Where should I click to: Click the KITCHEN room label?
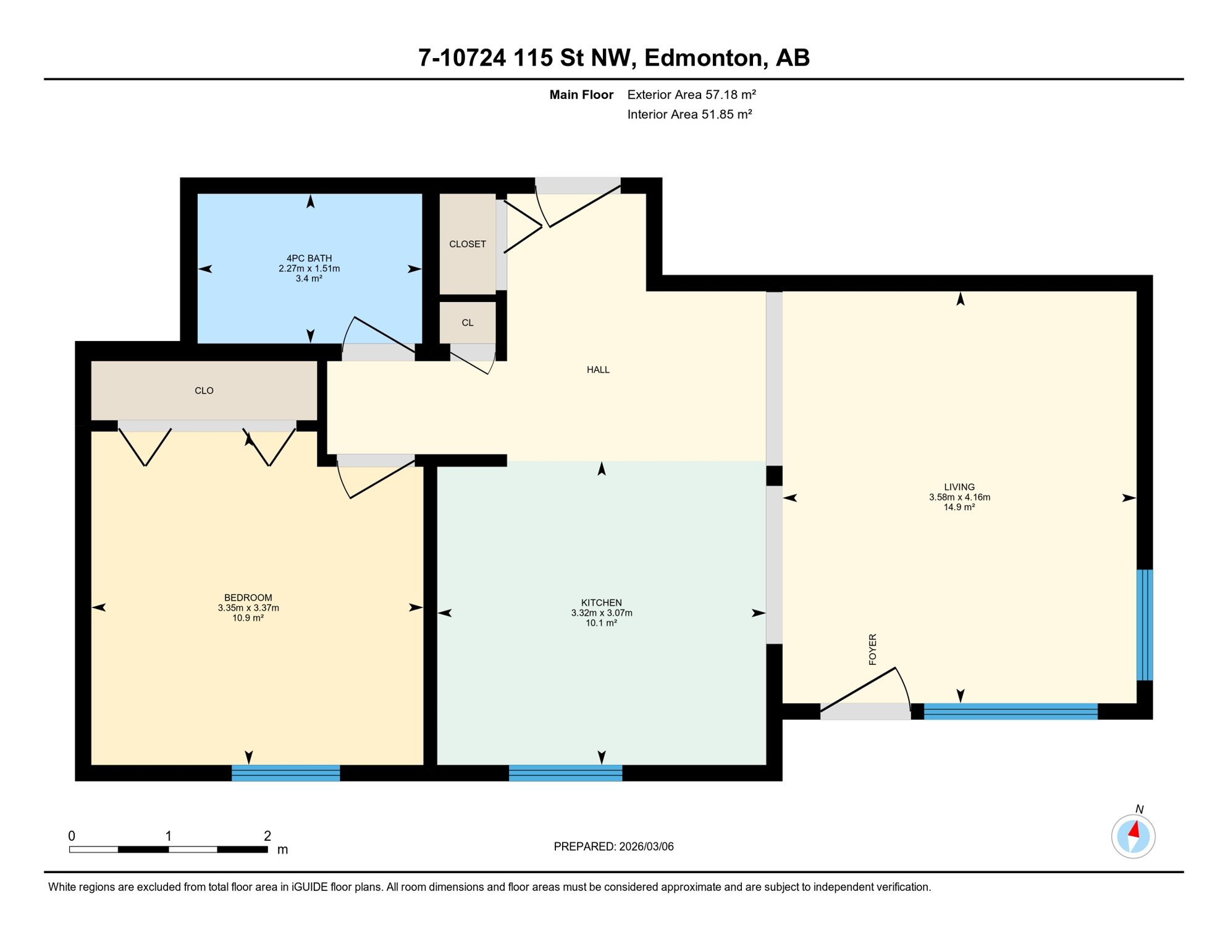601,602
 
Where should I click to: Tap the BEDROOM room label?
248,597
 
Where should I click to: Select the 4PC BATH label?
309,258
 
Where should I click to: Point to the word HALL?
598,369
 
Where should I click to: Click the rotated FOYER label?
872,649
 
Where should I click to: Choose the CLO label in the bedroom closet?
204,390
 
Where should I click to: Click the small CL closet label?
468,323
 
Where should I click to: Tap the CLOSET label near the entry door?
468,244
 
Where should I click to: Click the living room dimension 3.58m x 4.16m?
959,497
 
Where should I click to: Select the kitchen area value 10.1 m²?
601,623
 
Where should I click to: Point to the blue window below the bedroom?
285,773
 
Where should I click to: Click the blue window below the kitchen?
565,773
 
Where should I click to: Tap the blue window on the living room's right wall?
1145,625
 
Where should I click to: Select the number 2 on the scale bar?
267,836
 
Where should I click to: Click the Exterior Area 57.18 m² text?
691,95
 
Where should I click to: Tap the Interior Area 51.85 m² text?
689,114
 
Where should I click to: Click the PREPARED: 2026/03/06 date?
613,846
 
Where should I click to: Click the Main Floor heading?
581,95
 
